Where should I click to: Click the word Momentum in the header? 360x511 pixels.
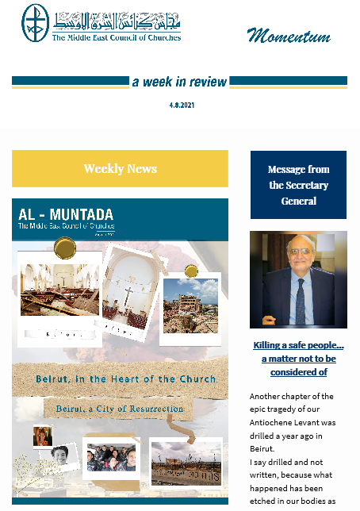(288, 35)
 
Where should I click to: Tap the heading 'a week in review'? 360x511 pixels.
(179, 82)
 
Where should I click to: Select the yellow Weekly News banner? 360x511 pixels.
(120, 168)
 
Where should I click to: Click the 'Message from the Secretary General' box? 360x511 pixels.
(298, 185)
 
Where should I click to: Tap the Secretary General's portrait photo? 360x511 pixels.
(298, 279)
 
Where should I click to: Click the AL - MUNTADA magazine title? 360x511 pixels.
(66, 215)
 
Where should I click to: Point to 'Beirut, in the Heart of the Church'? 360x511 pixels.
(125, 379)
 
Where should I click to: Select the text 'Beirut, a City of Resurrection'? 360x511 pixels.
(120, 409)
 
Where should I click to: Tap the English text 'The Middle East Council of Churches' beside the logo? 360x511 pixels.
(117, 37)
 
